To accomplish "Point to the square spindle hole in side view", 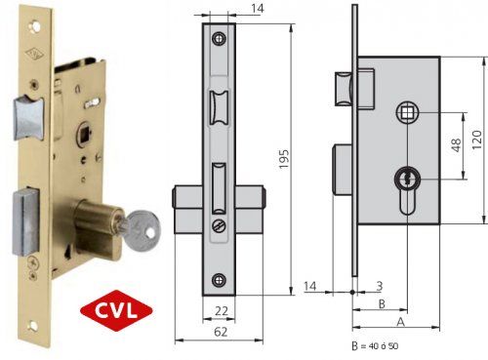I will [405, 115].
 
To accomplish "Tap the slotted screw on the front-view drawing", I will [219, 225].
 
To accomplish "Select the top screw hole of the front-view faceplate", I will [219, 38].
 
